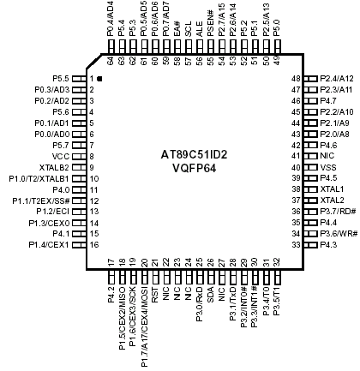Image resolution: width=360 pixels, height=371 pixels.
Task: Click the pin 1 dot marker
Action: coord(99,79)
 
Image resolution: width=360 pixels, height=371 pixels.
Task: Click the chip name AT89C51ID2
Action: coord(194,154)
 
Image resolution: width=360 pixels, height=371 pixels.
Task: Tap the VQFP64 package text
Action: coord(195,168)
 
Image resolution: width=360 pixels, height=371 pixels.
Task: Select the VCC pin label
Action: coord(61,157)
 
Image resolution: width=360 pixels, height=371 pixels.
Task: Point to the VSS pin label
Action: coord(328,167)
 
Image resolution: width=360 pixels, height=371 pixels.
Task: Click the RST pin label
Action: coord(155,296)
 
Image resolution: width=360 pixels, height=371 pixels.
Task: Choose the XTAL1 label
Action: coord(332,189)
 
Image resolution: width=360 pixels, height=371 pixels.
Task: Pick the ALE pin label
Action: coord(200,29)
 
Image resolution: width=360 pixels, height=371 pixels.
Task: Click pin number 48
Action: coord(296,79)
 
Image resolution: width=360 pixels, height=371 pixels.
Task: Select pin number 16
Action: coord(94,245)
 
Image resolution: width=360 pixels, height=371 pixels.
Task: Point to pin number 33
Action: coord(296,245)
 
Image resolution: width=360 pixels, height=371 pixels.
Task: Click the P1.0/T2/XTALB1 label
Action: coord(39,179)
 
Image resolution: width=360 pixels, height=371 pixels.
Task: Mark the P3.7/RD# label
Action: coord(338,212)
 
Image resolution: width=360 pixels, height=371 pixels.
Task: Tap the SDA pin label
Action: coord(211,295)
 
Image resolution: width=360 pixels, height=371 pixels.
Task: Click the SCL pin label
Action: coord(189,29)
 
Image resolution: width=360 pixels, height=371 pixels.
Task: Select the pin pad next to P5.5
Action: coord(79,79)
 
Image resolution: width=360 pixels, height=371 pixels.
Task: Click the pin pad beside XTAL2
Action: coord(310,200)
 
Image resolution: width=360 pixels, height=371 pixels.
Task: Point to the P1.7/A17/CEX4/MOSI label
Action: coord(144,327)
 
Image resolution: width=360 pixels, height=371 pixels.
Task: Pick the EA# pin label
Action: coord(177,28)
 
